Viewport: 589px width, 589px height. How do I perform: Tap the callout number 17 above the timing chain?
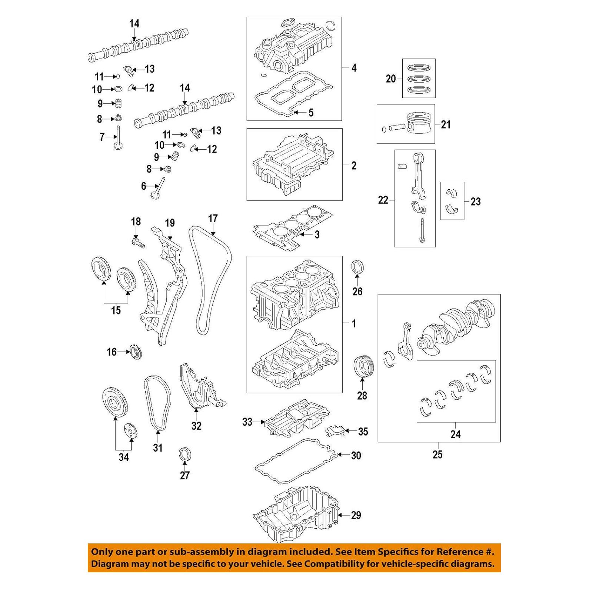click(x=213, y=219)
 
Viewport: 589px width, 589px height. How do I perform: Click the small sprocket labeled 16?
click(x=136, y=352)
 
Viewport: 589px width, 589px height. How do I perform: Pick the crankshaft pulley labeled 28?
click(x=364, y=367)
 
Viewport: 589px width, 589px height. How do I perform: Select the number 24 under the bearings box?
click(x=455, y=434)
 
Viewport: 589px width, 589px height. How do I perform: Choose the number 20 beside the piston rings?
click(x=391, y=79)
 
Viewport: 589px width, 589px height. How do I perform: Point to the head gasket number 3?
click(x=317, y=234)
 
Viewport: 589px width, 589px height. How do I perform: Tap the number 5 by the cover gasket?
click(x=311, y=112)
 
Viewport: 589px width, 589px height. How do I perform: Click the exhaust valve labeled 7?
click(x=118, y=139)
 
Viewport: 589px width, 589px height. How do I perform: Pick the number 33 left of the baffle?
click(x=247, y=422)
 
